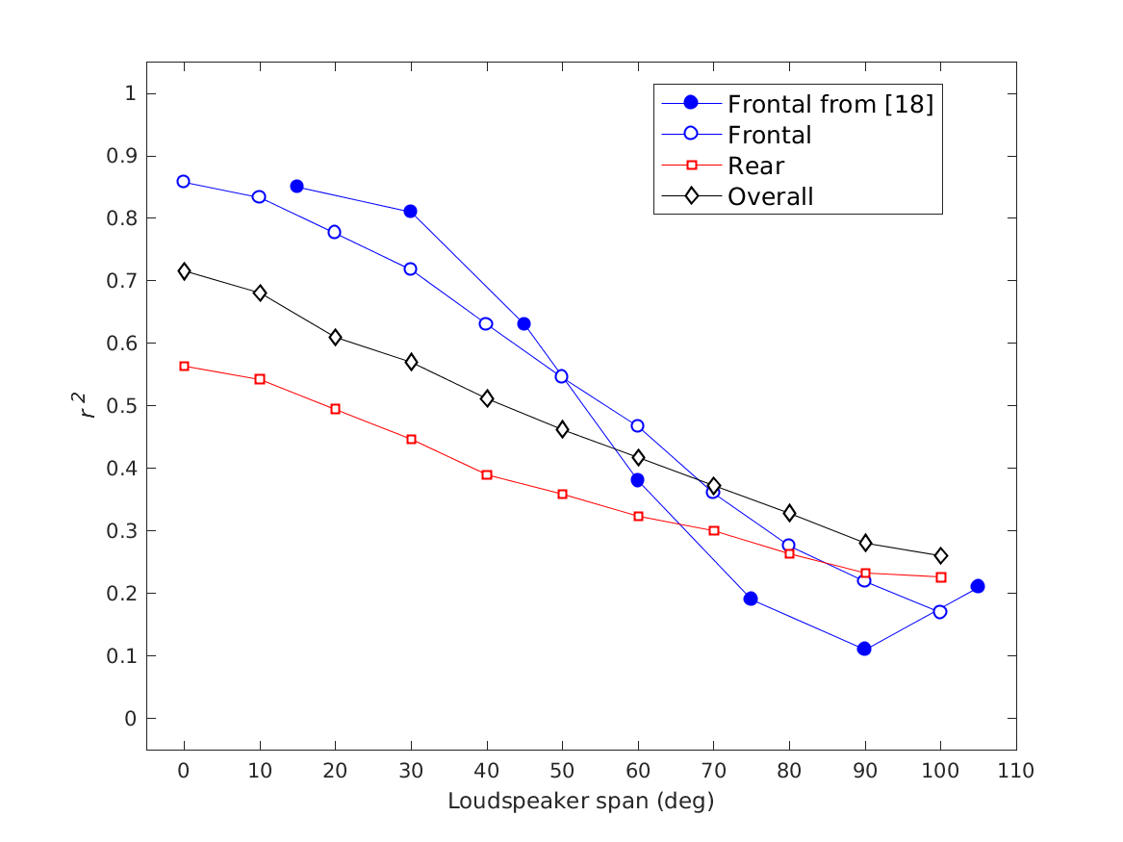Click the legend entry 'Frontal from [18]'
coord(829,104)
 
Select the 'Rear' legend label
coord(755,166)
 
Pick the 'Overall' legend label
coord(770,196)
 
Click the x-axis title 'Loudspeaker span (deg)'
coord(580,801)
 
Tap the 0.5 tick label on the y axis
coord(123,406)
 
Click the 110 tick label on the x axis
coord(1016,770)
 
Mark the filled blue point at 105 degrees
coord(978,586)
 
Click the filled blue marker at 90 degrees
coord(864,649)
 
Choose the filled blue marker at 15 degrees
coord(297,186)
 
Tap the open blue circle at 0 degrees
coord(184,182)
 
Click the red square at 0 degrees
coord(184,366)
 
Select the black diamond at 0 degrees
coord(184,271)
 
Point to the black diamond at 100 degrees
coord(940,555)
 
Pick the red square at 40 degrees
coord(487,474)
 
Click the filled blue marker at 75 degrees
coord(751,599)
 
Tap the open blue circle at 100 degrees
coord(940,611)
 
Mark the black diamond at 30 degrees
coord(411,362)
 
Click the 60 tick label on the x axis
coord(637,770)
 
